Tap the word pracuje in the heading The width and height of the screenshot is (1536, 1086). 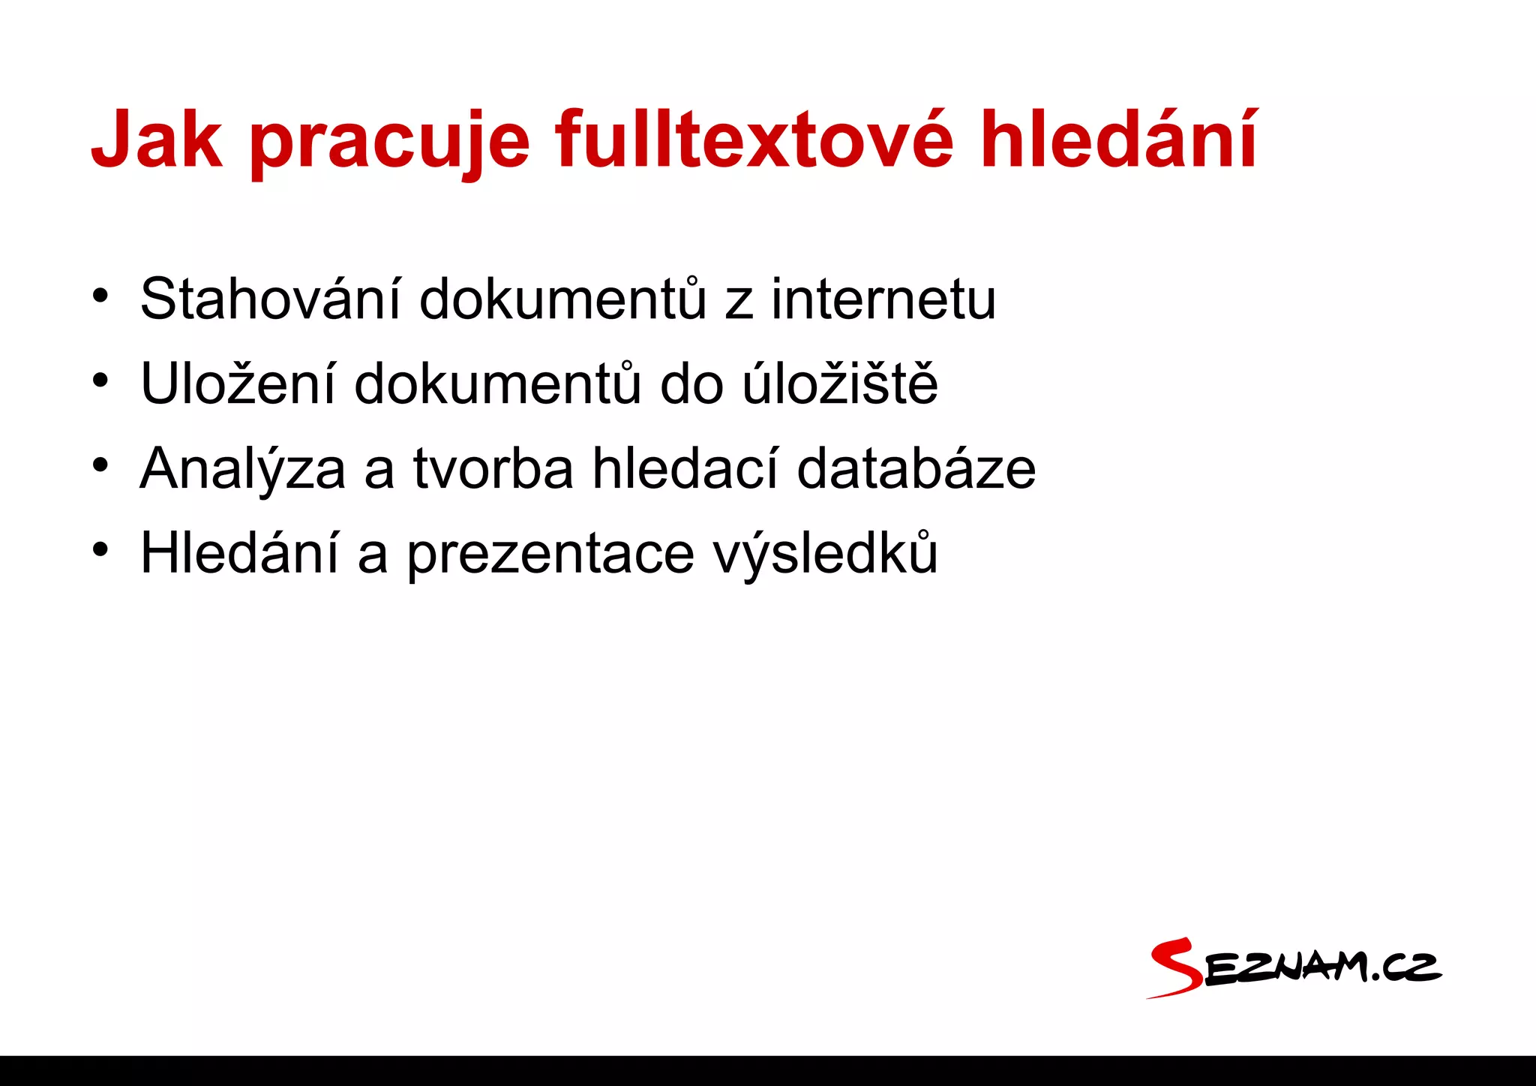coord(390,143)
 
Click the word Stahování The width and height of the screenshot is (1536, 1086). coord(270,299)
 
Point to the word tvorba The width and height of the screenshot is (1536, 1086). coord(493,468)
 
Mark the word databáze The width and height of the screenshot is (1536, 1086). coord(916,468)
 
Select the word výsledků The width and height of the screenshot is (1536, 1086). coord(825,553)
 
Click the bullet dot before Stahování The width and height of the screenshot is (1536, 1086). coord(100,296)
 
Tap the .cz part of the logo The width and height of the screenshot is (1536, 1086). coord(1405,969)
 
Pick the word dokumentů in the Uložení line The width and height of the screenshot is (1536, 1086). coord(497,384)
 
